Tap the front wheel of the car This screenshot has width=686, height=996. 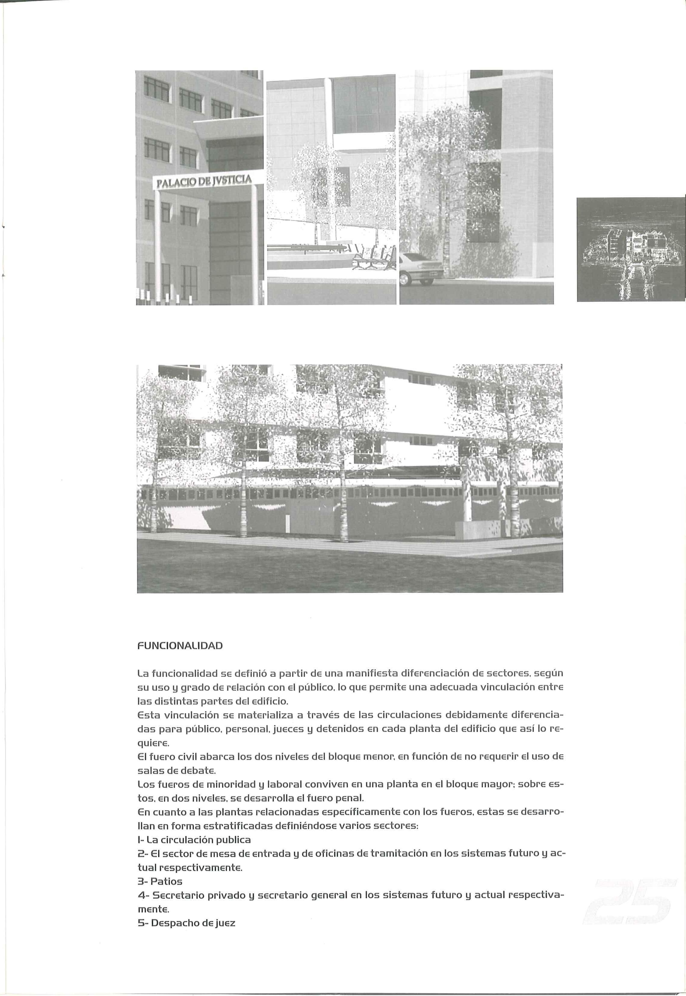(x=404, y=279)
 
